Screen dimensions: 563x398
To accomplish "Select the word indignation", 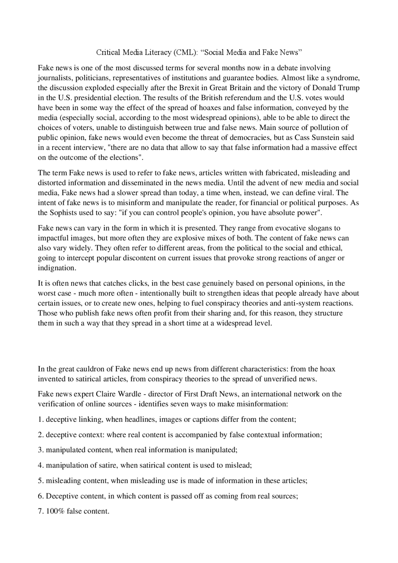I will pyautogui.click(x=57, y=268).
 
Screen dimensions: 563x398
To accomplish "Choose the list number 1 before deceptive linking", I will pyautogui.click(x=40, y=419).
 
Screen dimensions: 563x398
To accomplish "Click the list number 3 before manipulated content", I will pyautogui.click(x=40, y=450).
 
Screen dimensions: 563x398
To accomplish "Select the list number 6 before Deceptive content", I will pyautogui.click(x=40, y=496).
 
